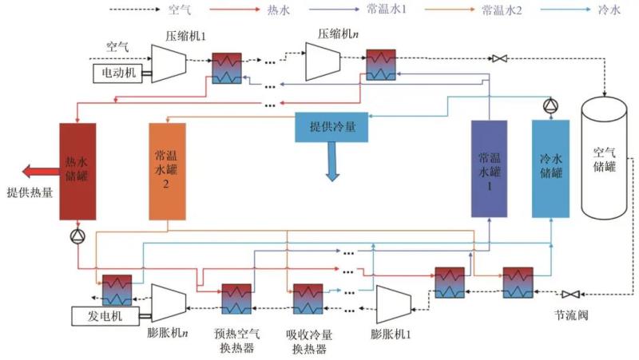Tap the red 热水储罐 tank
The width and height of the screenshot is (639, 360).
[77, 171]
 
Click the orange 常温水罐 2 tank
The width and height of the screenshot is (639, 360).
[167, 171]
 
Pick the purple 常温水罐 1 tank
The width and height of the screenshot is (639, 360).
[489, 168]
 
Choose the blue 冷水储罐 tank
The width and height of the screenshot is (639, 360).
[551, 168]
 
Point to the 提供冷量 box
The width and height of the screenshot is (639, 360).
[332, 127]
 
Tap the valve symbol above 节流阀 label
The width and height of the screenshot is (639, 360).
[571, 294]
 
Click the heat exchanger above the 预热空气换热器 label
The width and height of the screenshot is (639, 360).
[237, 299]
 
